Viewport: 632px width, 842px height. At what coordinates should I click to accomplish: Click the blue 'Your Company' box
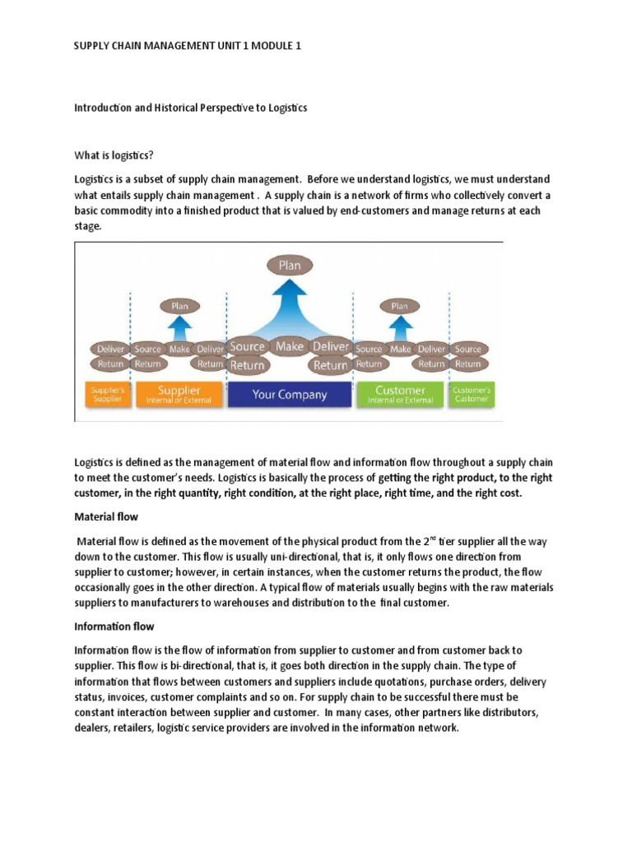(290, 394)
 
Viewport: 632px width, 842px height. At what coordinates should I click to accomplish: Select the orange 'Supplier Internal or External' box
(179, 394)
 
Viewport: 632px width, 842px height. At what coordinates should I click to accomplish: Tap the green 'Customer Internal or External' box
(399, 394)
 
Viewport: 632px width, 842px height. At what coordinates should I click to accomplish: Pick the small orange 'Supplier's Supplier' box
(107, 394)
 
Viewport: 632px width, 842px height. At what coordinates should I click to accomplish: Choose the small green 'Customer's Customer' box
(471, 394)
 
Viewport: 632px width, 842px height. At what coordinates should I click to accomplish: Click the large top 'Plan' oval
(290, 266)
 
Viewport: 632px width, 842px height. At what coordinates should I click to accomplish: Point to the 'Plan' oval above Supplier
(179, 307)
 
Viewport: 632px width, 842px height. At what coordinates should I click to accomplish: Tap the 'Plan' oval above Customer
(399, 307)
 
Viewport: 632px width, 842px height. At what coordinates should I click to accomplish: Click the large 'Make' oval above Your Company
(290, 346)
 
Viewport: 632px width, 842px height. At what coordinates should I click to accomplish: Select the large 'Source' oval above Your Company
(247, 347)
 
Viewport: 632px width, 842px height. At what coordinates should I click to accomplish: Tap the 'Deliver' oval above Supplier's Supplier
(110, 349)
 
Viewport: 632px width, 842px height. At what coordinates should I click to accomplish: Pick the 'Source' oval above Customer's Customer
(467, 349)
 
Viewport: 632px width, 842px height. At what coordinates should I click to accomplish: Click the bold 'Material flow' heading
(106, 517)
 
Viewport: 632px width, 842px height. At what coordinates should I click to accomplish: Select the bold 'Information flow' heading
(114, 626)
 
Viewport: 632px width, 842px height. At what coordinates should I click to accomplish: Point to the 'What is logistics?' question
(115, 155)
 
